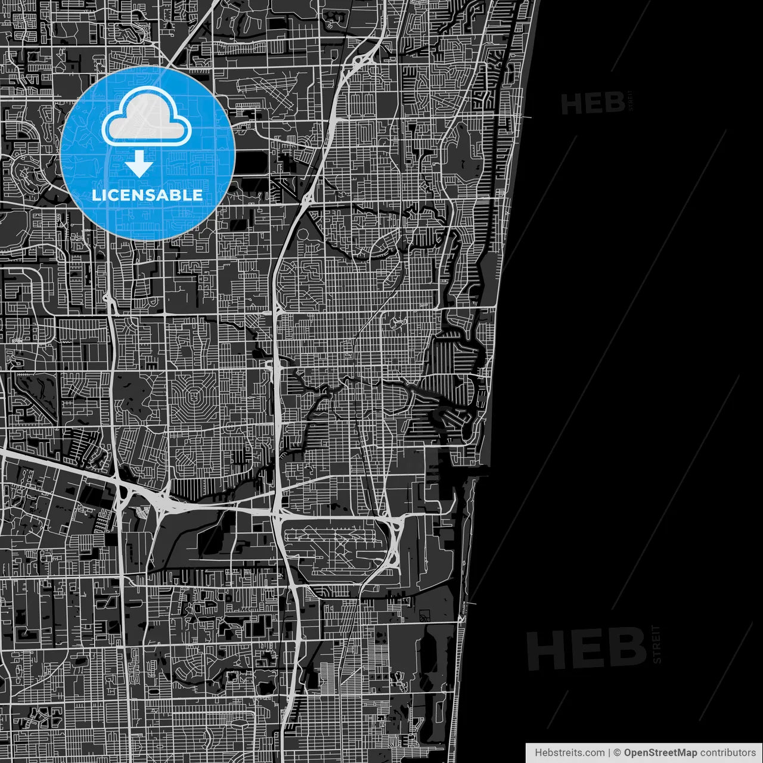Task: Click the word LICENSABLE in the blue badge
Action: click(147, 196)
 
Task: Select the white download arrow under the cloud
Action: click(139, 163)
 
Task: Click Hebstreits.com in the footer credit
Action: click(569, 753)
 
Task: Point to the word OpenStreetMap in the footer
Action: click(660, 753)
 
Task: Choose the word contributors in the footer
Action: click(727, 753)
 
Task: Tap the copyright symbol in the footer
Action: click(618, 753)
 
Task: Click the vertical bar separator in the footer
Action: click(610, 753)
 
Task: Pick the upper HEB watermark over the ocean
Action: click(593, 104)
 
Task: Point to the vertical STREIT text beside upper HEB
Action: click(631, 101)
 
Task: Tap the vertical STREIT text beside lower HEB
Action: click(657, 644)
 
